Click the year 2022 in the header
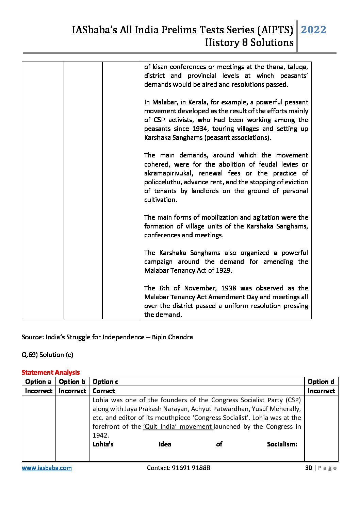coord(313,30)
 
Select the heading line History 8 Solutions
coord(249,43)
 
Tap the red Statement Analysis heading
coord(51,372)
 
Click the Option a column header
coord(38,381)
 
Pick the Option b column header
coord(72,381)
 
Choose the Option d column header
coord(321,381)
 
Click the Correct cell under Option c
coord(103,391)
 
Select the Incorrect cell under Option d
coord(321,391)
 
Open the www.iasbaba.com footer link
coord(47,468)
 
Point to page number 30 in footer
coord(308,468)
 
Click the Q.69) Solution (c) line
coord(47,355)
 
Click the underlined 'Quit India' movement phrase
coord(178,426)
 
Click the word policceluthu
coord(163,182)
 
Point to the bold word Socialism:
coord(282,444)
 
